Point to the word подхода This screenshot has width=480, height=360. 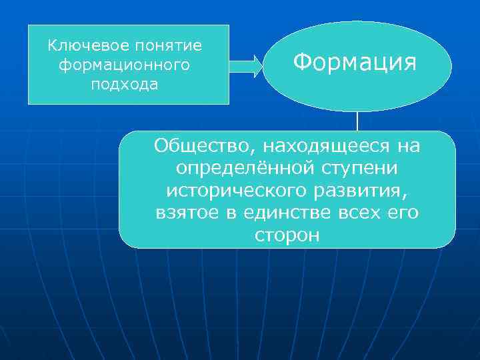coord(125,85)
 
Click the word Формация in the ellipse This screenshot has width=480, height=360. coord(355,63)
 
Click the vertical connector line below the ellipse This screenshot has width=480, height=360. coord(357,121)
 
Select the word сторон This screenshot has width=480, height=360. coord(287,235)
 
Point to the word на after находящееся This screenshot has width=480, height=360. coord(409,145)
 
